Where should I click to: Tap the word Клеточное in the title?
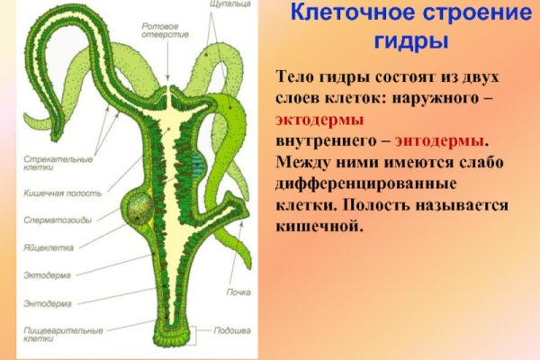(x=346, y=13)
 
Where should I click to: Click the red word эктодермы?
(x=319, y=119)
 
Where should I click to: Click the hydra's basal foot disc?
(x=173, y=338)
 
